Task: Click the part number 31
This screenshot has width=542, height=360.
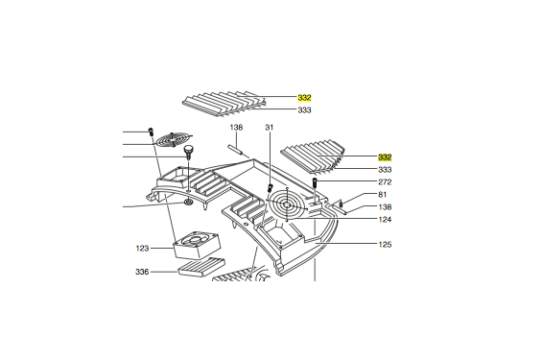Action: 270,128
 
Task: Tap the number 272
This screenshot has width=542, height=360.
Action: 385,181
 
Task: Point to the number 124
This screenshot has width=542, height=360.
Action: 384,219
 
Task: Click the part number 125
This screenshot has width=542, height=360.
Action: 385,245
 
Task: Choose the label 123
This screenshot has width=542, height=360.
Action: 142,249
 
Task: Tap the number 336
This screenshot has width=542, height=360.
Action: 142,272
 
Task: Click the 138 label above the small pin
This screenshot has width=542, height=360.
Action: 236,128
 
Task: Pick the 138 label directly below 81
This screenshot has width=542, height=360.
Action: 384,207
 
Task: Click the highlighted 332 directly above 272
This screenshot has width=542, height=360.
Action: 385,156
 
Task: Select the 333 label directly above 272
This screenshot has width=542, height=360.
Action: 385,169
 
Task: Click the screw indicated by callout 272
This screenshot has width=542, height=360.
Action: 316,182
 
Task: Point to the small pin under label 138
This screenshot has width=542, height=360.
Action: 238,149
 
